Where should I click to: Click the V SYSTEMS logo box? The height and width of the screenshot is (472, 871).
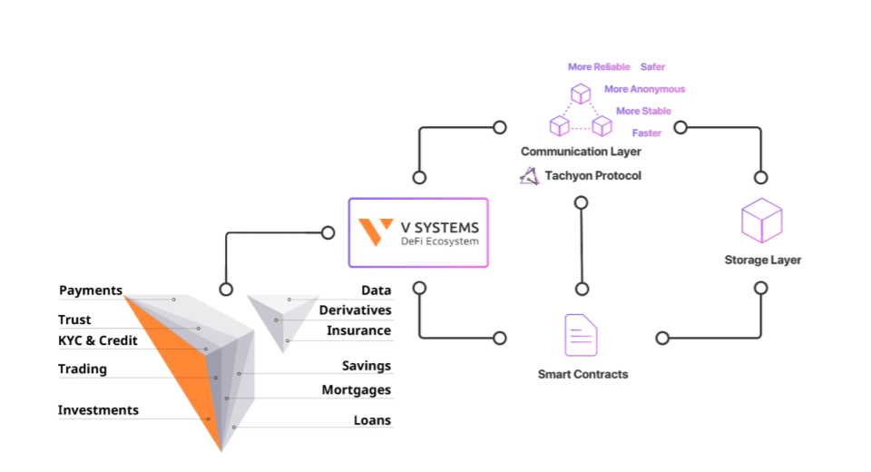[418, 232]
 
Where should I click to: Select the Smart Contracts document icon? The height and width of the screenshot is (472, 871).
[581, 335]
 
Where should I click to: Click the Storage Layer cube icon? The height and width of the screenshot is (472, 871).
[761, 221]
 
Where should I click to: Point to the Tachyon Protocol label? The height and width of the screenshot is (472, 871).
[592, 175]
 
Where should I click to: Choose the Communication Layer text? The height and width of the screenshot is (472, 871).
[581, 152]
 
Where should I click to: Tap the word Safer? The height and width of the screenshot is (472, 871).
[652, 67]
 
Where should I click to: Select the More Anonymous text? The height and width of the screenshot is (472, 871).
[644, 89]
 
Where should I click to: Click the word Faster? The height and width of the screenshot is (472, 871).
[646, 133]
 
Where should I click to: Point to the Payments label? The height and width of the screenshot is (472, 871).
[91, 290]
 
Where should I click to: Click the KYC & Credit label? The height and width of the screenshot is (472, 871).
[98, 340]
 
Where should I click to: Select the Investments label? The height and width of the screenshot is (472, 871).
[98, 410]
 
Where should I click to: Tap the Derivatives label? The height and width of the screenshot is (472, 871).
[355, 310]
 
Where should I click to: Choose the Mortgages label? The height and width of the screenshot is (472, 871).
[356, 390]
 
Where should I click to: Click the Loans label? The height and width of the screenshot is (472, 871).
[372, 420]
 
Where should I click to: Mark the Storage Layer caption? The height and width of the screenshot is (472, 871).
[762, 260]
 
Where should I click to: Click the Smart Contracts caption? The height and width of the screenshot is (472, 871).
[582, 374]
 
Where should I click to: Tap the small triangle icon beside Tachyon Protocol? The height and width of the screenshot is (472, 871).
[529, 175]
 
